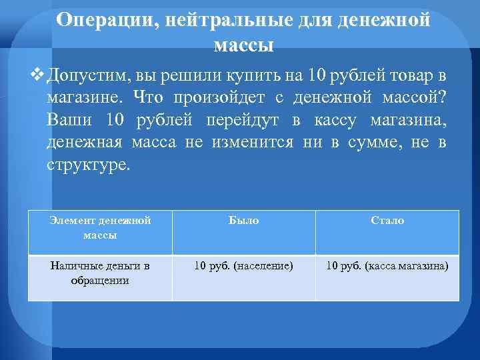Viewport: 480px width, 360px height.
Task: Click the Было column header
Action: tap(243, 220)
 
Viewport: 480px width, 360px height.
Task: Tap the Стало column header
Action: tap(387, 220)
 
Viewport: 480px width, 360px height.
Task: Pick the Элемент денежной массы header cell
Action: tap(101, 227)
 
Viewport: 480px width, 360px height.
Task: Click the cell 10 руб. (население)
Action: tap(243, 266)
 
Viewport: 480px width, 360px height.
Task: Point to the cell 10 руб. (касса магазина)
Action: tap(387, 266)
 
